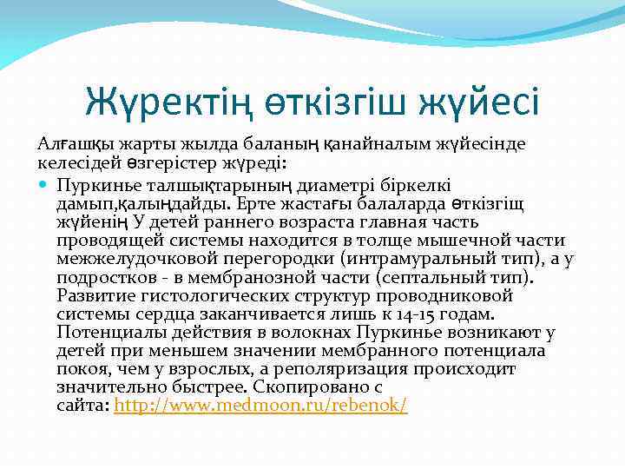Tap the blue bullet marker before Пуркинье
tap(44, 185)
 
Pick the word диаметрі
tap(331, 185)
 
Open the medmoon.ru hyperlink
tap(260, 406)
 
